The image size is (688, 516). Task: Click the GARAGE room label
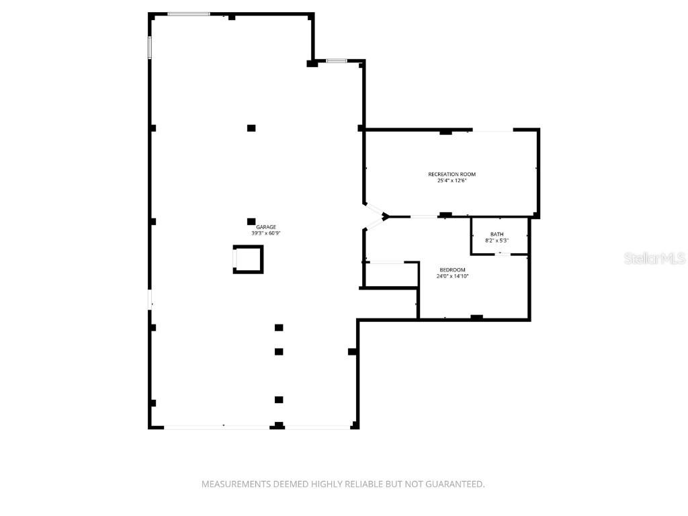265,227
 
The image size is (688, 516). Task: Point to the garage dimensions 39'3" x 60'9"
265,234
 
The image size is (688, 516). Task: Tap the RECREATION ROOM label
451,175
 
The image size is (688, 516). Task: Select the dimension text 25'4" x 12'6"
451,181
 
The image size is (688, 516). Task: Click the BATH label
497,234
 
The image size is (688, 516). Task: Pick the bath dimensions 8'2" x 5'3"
497,241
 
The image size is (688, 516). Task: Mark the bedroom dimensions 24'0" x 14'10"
452,275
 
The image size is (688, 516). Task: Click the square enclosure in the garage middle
248,259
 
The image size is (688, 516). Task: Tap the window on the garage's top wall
188,13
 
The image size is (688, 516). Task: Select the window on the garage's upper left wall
150,47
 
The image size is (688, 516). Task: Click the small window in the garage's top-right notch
337,61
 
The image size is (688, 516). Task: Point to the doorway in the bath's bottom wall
499,254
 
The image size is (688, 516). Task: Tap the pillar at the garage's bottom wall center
278,425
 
